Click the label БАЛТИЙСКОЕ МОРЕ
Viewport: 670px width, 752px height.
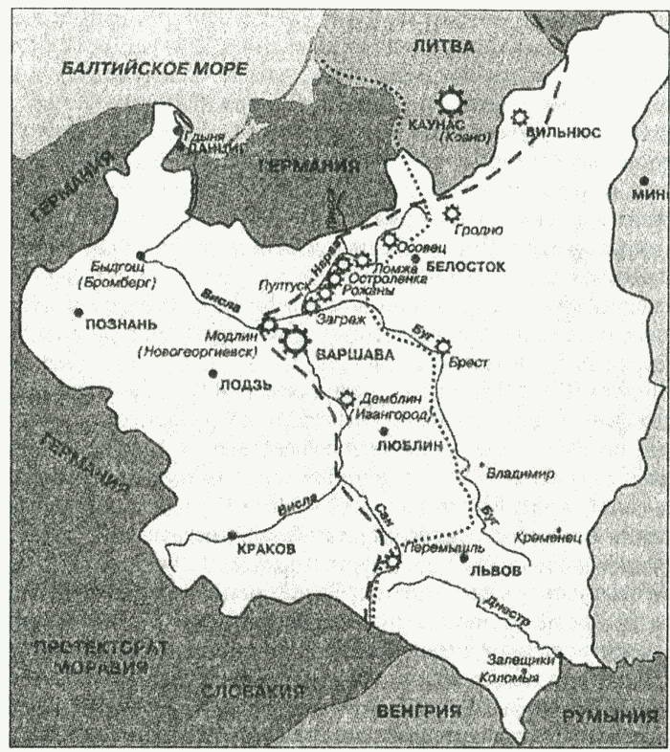[153, 69]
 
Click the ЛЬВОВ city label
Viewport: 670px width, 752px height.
[496, 568]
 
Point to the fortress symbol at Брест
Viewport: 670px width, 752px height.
[443, 345]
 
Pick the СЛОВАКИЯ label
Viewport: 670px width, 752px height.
[254, 691]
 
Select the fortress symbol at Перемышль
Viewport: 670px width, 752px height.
[391, 562]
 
